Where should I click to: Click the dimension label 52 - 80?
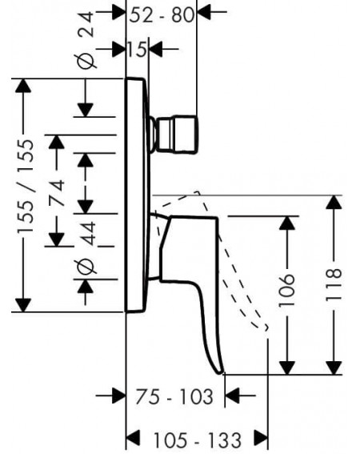coord(162,15)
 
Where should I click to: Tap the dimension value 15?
coord(137,49)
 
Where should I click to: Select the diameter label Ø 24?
coord(86,40)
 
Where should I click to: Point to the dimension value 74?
coord(57,193)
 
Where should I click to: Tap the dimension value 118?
coord(334,285)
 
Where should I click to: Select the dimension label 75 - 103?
coord(174,396)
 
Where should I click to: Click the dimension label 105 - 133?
coord(197,440)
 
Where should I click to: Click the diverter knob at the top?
coord(174,134)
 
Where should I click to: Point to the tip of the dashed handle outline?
coord(266,328)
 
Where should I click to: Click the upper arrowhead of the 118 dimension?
coord(334,203)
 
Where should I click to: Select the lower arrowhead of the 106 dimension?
coord(286,368)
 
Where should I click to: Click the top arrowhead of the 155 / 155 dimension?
coord(23,86)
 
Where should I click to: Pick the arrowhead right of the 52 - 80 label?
coord(204,12)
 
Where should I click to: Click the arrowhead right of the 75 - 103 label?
coord(232,396)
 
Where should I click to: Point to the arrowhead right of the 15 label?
coord(155,49)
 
